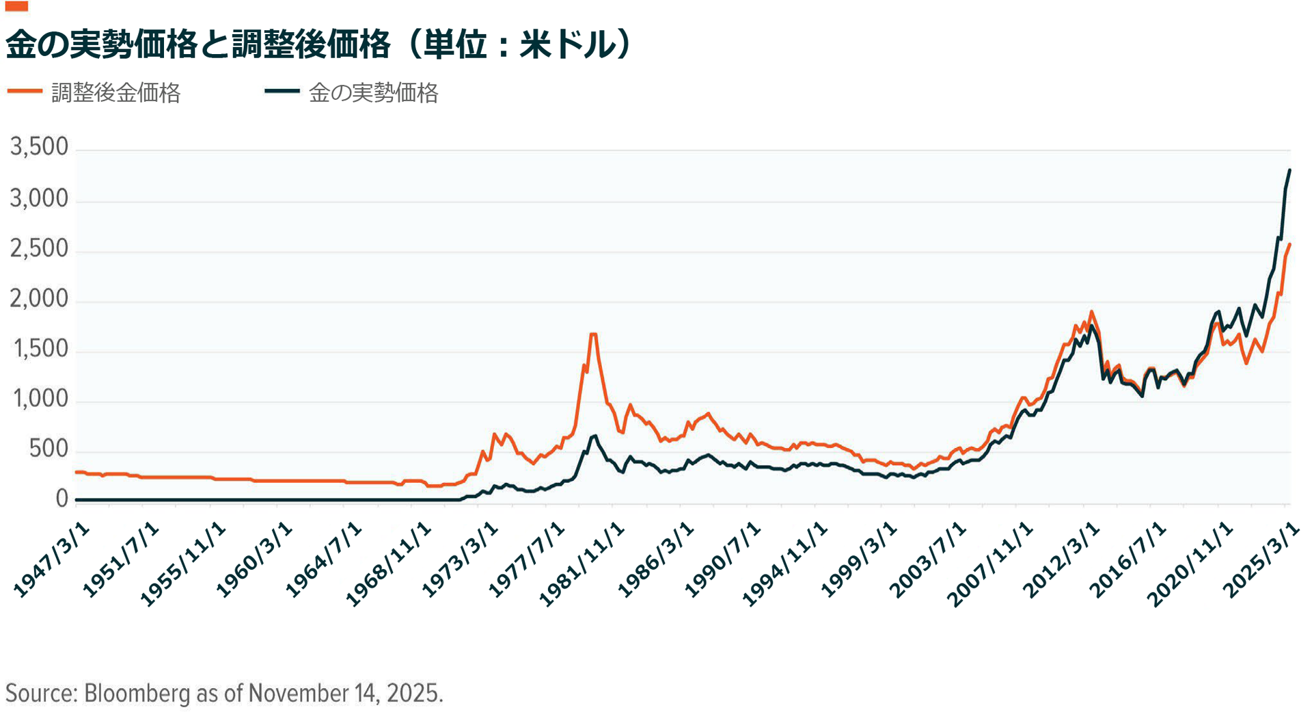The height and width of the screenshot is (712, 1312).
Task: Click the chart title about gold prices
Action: pos(320,45)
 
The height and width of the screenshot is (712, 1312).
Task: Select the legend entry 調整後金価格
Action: pos(115,93)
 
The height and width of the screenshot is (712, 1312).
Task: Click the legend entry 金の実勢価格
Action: pos(373,93)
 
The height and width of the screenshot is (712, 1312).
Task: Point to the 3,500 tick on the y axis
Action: pos(40,147)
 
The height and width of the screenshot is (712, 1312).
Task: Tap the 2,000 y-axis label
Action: pos(40,299)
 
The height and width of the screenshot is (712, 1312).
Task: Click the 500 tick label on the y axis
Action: pos(49,449)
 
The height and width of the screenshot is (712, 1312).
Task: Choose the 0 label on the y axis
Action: pos(62,499)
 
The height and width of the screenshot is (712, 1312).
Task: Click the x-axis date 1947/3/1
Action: pos(52,559)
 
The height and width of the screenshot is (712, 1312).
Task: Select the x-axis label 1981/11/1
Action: pos(582,564)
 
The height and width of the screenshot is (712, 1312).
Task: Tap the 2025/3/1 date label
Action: pos(1261,559)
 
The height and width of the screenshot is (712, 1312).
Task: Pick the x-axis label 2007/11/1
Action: pos(990,564)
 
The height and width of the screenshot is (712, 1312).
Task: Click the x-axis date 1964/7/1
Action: pos(323,559)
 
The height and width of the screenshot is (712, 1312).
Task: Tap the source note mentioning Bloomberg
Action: pos(224,693)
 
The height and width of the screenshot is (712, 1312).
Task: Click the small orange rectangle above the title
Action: pos(16,6)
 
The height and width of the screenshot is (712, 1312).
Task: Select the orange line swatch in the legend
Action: pos(25,91)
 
